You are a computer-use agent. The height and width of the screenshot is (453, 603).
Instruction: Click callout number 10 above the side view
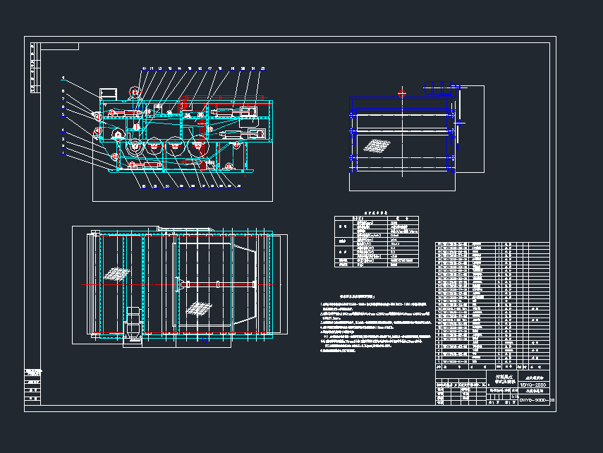tap(144, 68)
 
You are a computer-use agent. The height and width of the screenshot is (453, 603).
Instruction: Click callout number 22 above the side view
tap(263, 68)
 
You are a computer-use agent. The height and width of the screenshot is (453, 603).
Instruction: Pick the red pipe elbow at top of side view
tap(184, 97)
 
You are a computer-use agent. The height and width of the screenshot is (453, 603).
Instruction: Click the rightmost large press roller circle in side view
tap(196, 147)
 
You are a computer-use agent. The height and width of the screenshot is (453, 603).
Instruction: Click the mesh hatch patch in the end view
tap(376, 145)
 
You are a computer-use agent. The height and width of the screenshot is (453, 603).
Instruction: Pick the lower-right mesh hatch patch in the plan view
tap(200, 308)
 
